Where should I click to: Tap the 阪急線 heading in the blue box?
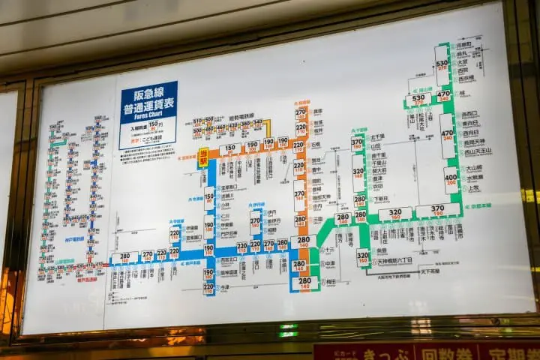coord(148,94)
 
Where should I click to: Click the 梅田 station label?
coord(329,281)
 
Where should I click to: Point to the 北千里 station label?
coord(376,136)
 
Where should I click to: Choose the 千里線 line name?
coord(361,130)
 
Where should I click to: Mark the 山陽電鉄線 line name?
coord(64,262)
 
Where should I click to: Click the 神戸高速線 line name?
coord(87,279)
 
